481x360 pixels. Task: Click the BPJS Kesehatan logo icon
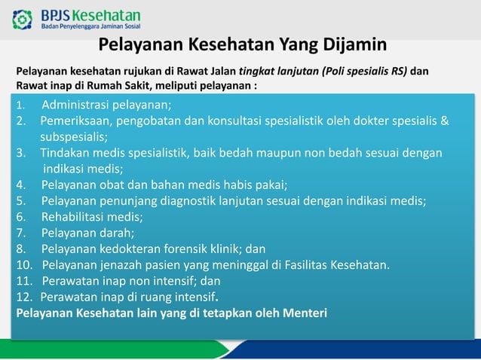pyautogui.click(x=23, y=19)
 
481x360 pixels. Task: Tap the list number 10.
pyautogui.click(x=24, y=264)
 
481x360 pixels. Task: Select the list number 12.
pyautogui.click(x=24, y=296)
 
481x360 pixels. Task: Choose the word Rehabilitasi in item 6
pyautogui.click(x=73, y=216)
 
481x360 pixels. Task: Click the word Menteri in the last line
pyautogui.click(x=303, y=313)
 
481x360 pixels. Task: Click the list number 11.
pyautogui.click(x=24, y=280)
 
